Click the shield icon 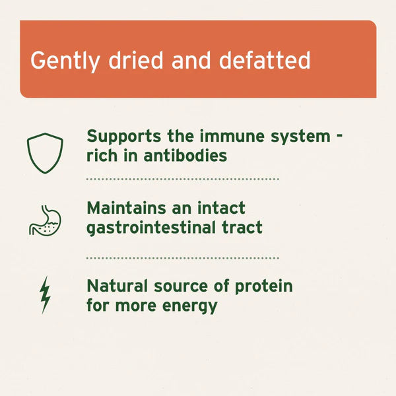(45, 153)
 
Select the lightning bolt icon (45, 295)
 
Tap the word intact (221, 209)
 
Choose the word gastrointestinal (156, 228)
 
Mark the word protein (262, 288)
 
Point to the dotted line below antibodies (183, 179)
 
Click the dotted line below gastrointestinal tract (183, 258)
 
